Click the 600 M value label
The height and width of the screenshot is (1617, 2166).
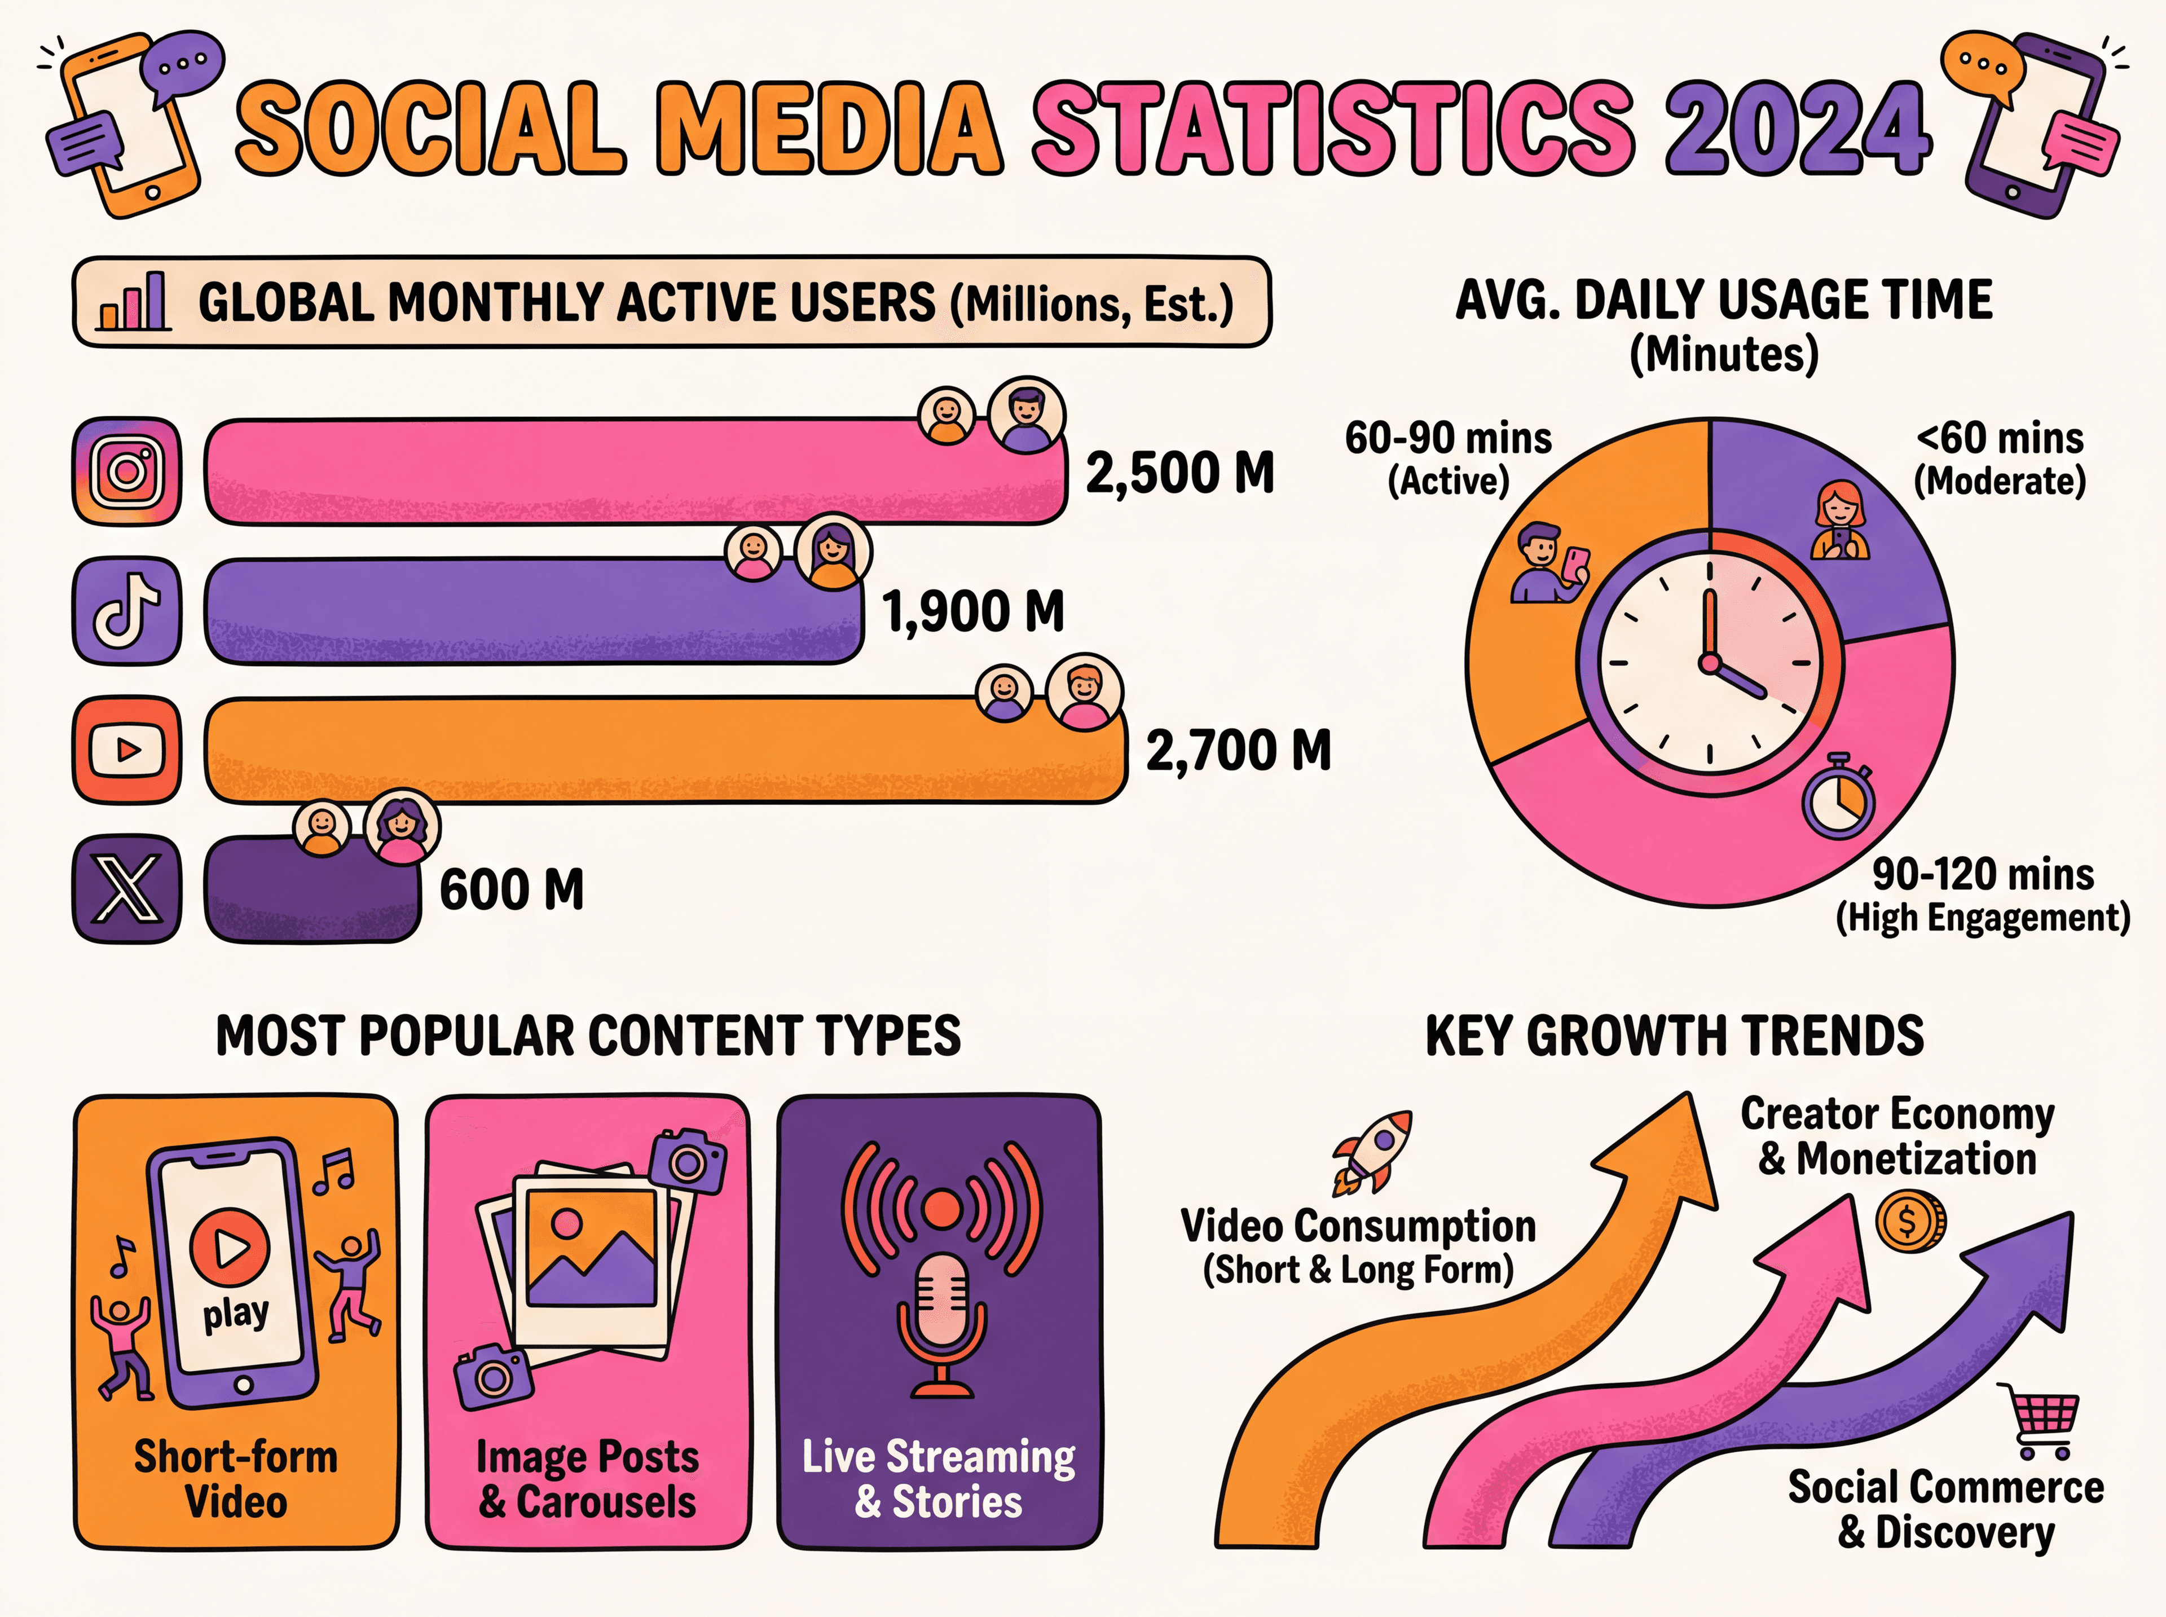tap(511, 891)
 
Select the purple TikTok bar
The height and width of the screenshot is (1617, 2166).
tap(534, 611)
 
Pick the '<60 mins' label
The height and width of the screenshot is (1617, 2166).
tap(2000, 438)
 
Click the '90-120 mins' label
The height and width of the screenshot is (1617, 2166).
tap(1983, 874)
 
